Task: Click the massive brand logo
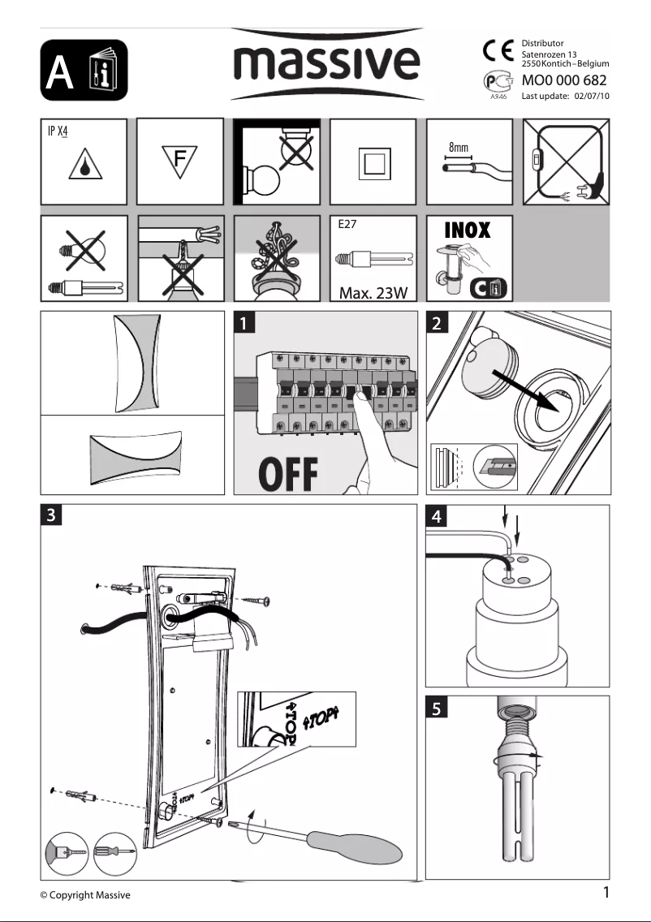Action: pos(327,62)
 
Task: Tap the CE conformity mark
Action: pos(498,50)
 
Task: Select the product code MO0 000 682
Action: pos(564,81)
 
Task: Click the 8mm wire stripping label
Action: pos(459,149)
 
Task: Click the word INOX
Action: pos(467,230)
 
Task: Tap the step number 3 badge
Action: pos(51,515)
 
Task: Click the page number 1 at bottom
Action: pos(605,893)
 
